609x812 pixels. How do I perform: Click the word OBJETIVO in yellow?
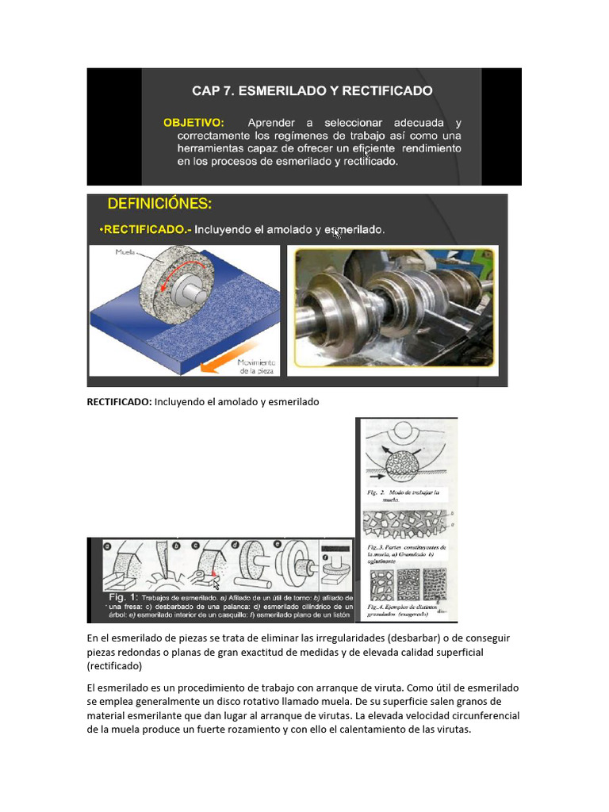click(193, 123)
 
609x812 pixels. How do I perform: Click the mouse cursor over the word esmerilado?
click(338, 233)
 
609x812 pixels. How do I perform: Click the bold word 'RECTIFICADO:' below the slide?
click(119, 402)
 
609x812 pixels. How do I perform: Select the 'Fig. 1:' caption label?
click(125, 596)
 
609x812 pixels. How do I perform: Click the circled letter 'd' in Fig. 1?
click(236, 546)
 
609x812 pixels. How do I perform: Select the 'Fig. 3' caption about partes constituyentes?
click(408, 553)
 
